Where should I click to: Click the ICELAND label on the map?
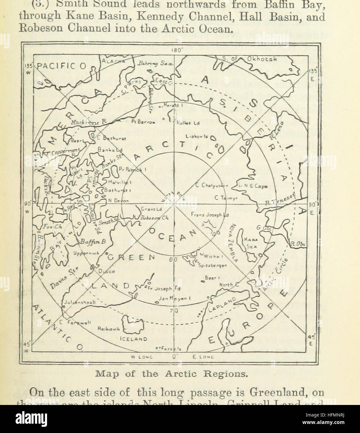pyautogui.click(x=132, y=339)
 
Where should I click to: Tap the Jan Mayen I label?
pyautogui.click(x=172, y=298)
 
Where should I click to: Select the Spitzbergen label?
pyautogui.click(x=210, y=265)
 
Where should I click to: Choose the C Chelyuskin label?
pyautogui.click(x=212, y=185)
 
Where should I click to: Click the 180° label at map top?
pyautogui.click(x=175, y=50)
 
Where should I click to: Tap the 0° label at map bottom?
pyautogui.click(x=175, y=357)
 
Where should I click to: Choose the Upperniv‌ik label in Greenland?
pyautogui.click(x=86, y=253)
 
